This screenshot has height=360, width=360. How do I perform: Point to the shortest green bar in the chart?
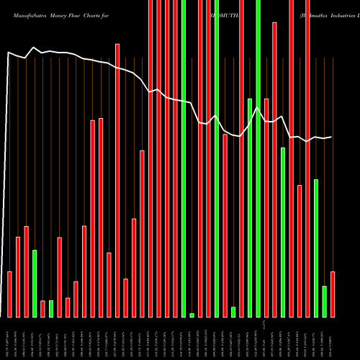tap(192, 315)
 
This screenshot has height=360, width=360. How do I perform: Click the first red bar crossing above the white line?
tap(117, 180)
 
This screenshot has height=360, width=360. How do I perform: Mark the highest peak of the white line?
tap(34, 48)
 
